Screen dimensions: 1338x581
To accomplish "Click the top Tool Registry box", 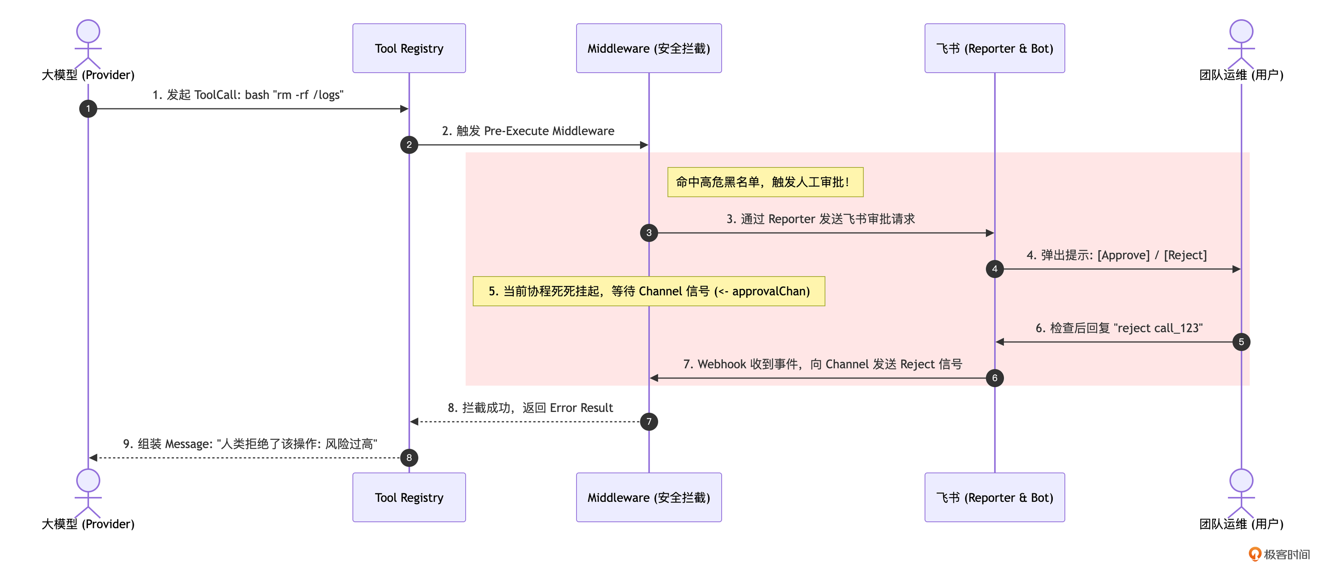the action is [x=409, y=48].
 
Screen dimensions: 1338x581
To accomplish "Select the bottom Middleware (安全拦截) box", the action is [x=649, y=497].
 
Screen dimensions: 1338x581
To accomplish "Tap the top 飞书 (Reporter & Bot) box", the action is [x=995, y=48].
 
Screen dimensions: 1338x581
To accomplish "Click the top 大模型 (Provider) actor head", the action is [x=88, y=31].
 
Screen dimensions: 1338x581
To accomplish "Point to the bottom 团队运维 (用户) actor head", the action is [x=1241, y=480].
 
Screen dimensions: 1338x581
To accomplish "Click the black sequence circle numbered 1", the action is [x=88, y=108].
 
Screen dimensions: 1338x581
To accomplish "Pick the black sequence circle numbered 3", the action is [x=649, y=233].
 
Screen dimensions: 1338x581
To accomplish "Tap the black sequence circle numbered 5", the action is [x=1241, y=342].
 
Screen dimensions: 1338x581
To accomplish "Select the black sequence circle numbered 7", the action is [x=649, y=421].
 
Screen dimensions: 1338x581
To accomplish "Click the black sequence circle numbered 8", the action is [x=409, y=458].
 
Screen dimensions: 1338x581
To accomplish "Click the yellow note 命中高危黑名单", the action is [x=765, y=182].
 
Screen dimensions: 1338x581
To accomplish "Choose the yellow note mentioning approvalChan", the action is [x=649, y=291].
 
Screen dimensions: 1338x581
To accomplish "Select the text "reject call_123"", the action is [x=1158, y=328].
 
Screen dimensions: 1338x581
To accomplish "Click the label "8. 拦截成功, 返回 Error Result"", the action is [x=530, y=408].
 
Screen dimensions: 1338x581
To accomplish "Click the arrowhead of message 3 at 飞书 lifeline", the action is [x=990, y=233].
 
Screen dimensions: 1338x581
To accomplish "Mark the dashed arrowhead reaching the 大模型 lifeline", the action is [x=94, y=458].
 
